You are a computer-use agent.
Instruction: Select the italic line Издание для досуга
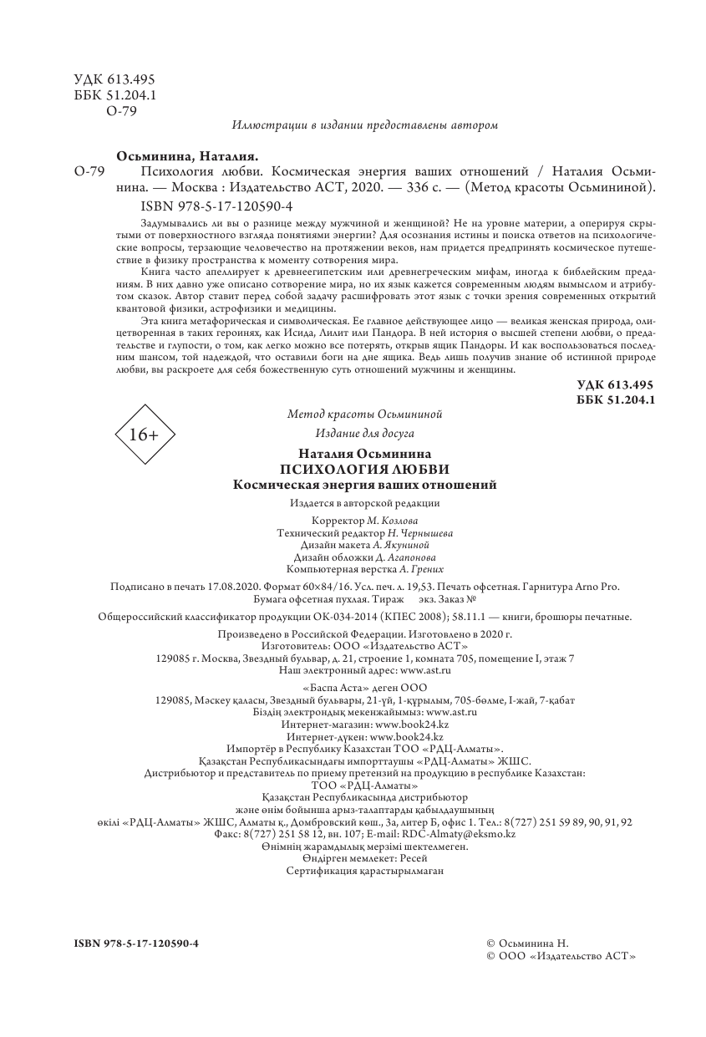(x=364, y=433)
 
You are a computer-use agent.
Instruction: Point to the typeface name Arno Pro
(x=599, y=587)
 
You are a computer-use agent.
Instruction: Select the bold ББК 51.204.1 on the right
(x=615, y=400)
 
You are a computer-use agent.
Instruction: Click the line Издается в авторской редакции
(x=364, y=503)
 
